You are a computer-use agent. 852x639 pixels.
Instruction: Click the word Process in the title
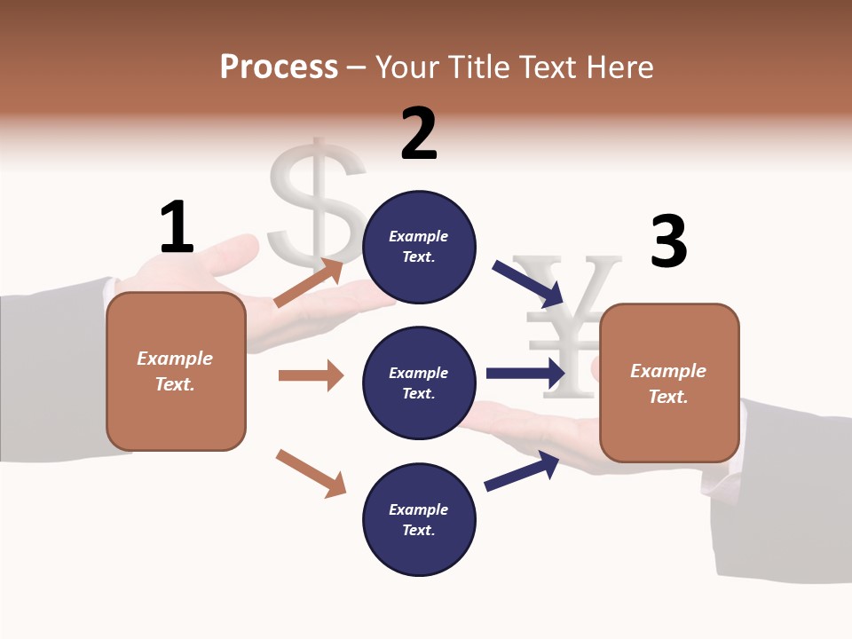279,67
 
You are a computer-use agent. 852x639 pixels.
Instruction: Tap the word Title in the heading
480,67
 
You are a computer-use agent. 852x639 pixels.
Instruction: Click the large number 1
177,227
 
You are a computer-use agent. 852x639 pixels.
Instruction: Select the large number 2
419,134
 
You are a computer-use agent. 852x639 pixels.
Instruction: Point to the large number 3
668,242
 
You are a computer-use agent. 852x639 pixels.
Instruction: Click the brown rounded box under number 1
176,371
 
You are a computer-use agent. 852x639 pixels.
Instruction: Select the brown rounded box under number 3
669,383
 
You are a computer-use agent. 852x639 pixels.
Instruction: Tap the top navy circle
419,247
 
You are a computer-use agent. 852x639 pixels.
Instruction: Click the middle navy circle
419,383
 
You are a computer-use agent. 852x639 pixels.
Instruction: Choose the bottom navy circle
419,520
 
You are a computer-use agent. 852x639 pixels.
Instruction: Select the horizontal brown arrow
311,375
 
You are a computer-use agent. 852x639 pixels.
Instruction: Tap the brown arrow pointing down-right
311,473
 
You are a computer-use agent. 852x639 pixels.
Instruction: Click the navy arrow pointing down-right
529,283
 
